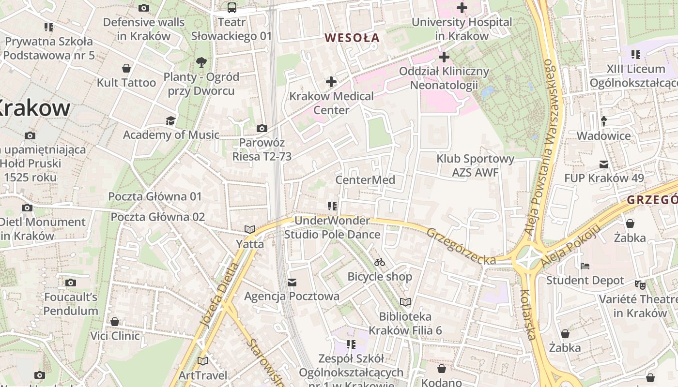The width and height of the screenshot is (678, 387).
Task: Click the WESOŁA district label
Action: click(x=352, y=38)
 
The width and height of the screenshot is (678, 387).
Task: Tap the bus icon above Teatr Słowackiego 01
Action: click(x=232, y=7)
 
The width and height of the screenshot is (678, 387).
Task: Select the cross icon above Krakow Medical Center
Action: click(x=331, y=82)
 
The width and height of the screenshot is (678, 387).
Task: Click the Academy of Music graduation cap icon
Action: click(x=170, y=120)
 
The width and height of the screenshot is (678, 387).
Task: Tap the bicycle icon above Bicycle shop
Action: click(x=380, y=262)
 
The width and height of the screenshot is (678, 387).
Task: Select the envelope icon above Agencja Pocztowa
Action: click(x=292, y=282)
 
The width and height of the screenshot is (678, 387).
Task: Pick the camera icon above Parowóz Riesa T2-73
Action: click(x=262, y=128)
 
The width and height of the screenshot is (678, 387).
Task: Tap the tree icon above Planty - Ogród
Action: click(x=201, y=62)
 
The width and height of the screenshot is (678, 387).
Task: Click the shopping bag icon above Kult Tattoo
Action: click(x=126, y=68)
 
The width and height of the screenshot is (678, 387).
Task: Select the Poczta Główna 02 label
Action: click(x=158, y=217)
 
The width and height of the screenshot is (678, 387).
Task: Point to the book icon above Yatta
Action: click(x=250, y=229)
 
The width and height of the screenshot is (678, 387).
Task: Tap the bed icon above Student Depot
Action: click(x=585, y=266)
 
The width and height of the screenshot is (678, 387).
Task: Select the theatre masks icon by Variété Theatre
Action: click(x=640, y=285)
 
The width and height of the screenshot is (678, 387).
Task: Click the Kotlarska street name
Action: click(x=528, y=314)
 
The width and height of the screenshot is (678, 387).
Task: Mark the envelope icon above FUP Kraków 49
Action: click(x=604, y=164)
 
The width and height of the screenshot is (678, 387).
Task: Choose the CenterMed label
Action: click(x=365, y=180)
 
